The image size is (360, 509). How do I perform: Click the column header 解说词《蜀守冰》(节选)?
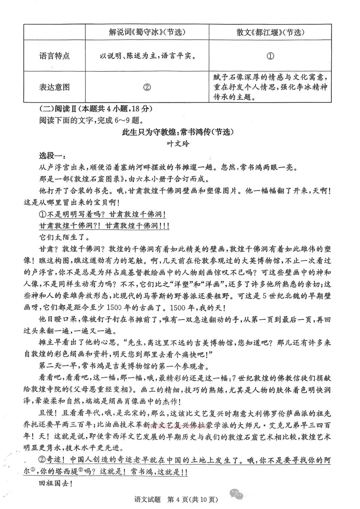click(147, 32)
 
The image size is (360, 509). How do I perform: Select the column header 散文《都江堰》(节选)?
click(270, 32)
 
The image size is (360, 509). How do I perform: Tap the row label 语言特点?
click(54, 56)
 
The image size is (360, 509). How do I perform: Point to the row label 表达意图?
click(54, 87)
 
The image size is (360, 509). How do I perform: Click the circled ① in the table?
click(270, 56)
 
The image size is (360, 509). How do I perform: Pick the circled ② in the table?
click(147, 87)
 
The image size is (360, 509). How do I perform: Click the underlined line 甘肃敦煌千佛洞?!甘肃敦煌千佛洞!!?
click(104, 226)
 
